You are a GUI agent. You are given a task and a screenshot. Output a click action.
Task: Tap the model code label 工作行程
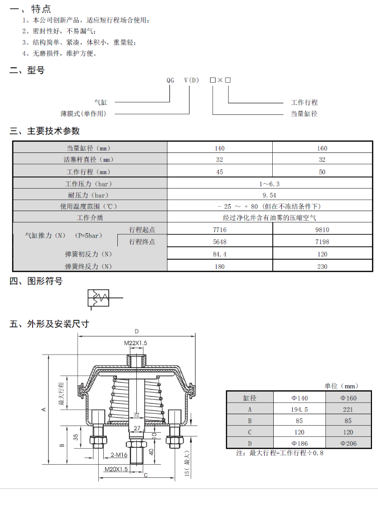point(304,102)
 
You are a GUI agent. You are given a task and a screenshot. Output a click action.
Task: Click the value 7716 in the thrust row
point(220,230)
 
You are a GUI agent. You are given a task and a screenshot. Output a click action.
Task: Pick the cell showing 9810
point(322,230)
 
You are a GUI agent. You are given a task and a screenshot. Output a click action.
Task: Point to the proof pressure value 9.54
point(269,195)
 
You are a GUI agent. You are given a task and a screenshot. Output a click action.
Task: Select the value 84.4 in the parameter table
point(220,254)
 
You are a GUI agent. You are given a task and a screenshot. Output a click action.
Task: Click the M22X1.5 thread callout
point(135,343)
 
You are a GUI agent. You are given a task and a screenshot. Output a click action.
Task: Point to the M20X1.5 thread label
point(116,469)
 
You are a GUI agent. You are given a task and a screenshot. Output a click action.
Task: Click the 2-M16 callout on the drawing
point(118,455)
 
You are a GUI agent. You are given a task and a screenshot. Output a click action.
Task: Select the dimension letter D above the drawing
point(136,331)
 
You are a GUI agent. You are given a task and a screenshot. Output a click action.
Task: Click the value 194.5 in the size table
point(299,409)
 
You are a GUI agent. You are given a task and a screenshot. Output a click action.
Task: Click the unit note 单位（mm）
point(341,386)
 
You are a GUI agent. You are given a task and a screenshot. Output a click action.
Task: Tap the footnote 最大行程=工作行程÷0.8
point(280,453)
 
